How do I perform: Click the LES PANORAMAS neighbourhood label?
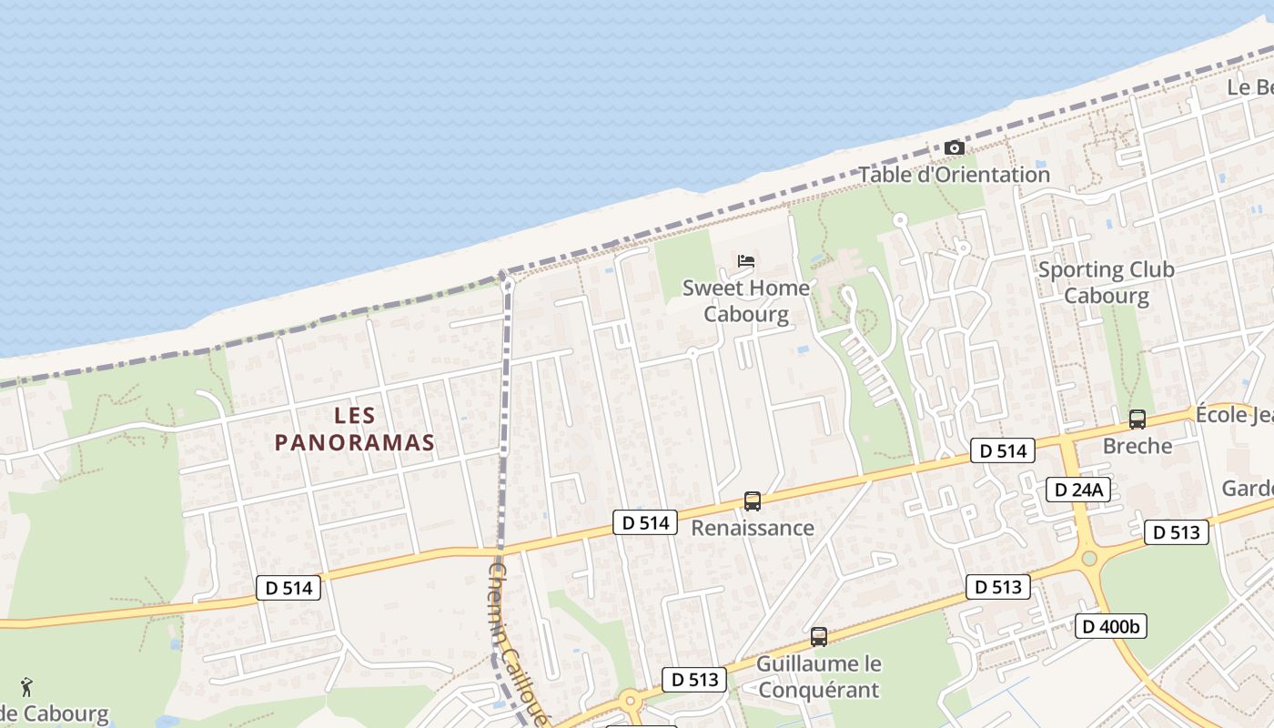[x=354, y=429]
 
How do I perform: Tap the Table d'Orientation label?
[x=954, y=175]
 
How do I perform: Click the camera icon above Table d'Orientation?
[x=954, y=147]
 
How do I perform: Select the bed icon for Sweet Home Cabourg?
[x=746, y=261]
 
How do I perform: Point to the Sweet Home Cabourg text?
[x=746, y=301]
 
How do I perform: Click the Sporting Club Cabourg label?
[x=1106, y=282]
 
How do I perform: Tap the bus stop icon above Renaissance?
[x=753, y=500]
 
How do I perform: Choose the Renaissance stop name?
[x=753, y=528]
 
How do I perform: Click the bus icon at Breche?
[x=1137, y=419]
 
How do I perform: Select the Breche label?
[x=1137, y=446]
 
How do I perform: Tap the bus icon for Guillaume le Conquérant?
[x=819, y=637]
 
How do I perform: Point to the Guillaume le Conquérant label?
[x=818, y=677]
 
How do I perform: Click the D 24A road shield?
[x=1077, y=490]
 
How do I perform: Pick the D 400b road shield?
[x=1110, y=626]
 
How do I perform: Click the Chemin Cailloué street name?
[x=517, y=642]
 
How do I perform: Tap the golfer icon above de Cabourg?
[x=26, y=686]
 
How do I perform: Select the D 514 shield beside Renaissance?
[x=645, y=522]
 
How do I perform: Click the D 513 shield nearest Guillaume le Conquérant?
[x=694, y=680]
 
